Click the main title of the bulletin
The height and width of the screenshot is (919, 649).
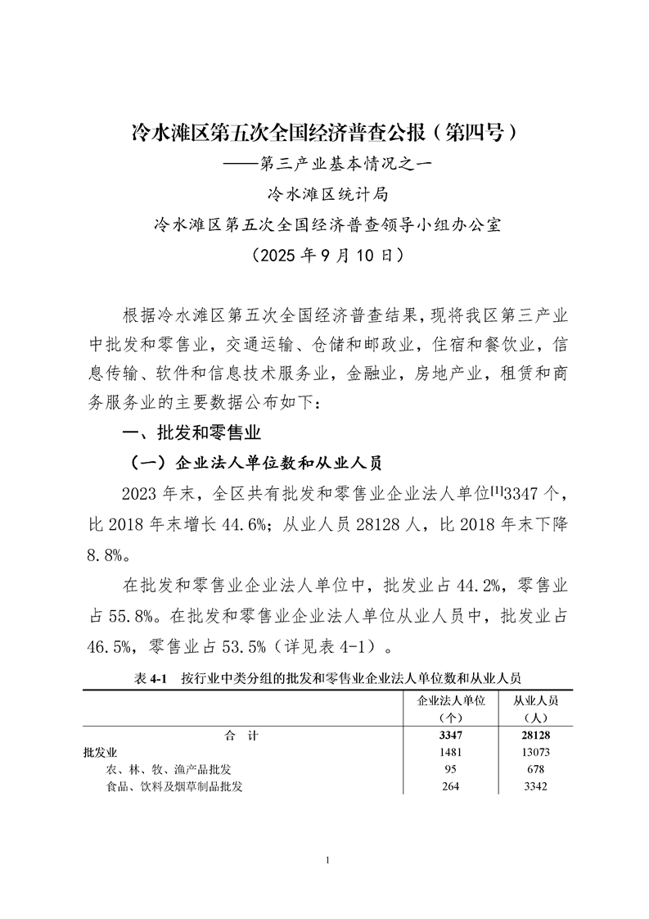(x=325, y=131)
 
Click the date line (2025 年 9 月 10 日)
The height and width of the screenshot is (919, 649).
(x=325, y=255)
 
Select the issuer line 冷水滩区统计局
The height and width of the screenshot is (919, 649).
(x=325, y=194)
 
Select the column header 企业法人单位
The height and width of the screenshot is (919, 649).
(x=452, y=701)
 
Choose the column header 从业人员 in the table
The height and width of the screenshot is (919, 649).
(x=536, y=701)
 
